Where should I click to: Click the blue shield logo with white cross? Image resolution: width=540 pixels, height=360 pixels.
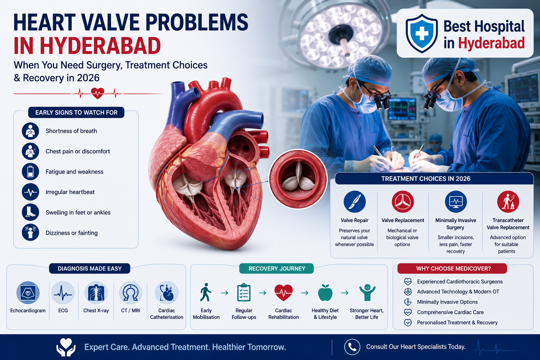coord(422,33)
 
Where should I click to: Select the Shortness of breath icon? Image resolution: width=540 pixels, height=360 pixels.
coord(30,131)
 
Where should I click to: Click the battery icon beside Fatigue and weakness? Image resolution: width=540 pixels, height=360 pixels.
coord(30,172)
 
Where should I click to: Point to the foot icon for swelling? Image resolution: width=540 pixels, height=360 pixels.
coord(30,212)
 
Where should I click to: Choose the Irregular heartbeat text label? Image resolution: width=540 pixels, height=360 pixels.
coord(70,192)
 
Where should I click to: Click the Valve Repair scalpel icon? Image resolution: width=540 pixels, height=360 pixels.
coord(355,201)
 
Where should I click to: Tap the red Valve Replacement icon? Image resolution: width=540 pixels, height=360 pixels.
coord(403,201)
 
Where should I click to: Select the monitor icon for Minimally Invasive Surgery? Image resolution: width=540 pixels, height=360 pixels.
coord(456,201)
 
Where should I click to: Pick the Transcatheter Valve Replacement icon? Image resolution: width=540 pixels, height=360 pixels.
coord(508,201)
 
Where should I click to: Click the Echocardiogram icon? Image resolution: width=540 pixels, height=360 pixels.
coord(28,293)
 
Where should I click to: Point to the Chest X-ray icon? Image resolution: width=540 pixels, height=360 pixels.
coord(96,293)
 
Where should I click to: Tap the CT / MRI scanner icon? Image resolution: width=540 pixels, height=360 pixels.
coord(131,293)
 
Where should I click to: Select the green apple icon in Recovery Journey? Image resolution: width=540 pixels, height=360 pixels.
coord(325,292)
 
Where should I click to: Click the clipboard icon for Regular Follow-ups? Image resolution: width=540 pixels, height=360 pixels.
coord(244,292)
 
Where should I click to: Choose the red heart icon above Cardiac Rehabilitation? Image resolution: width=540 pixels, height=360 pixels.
coord(283,292)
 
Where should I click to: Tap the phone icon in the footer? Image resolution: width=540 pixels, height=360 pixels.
coord(352,347)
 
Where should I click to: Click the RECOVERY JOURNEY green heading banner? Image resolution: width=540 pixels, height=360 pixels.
coord(277,268)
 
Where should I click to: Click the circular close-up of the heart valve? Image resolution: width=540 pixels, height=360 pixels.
coord(298,179)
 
